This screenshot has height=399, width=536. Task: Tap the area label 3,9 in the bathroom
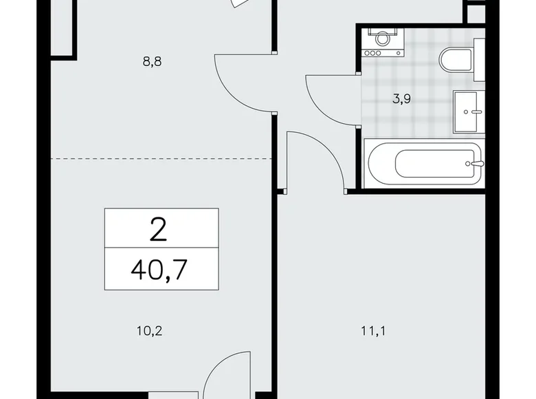click(403, 98)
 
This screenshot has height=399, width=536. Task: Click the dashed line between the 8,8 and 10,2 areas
click(162, 158)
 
